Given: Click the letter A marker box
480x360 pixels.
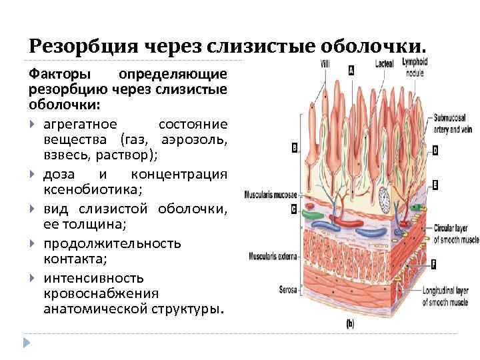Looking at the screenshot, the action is pyautogui.click(x=351, y=69).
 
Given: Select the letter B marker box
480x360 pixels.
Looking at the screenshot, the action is pyautogui.click(x=294, y=148).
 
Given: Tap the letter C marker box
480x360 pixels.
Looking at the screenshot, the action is pyautogui.click(x=294, y=209).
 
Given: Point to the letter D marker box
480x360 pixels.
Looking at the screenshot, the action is pyautogui.click(x=435, y=151).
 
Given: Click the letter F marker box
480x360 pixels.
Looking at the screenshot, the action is pyautogui.click(x=434, y=265).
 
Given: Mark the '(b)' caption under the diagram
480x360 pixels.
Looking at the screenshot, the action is pyautogui.click(x=351, y=324).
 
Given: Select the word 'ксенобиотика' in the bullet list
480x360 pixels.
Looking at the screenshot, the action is pyautogui.click(x=83, y=189).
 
